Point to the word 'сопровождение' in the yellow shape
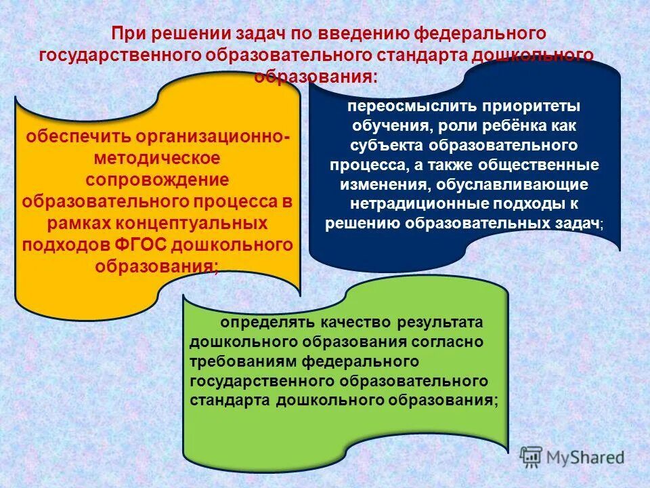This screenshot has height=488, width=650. coord(157,180)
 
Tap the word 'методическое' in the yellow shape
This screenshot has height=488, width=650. coord(157,158)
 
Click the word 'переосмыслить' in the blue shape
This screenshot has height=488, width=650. coord(402,107)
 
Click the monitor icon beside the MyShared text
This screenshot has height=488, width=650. coord(532,457)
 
